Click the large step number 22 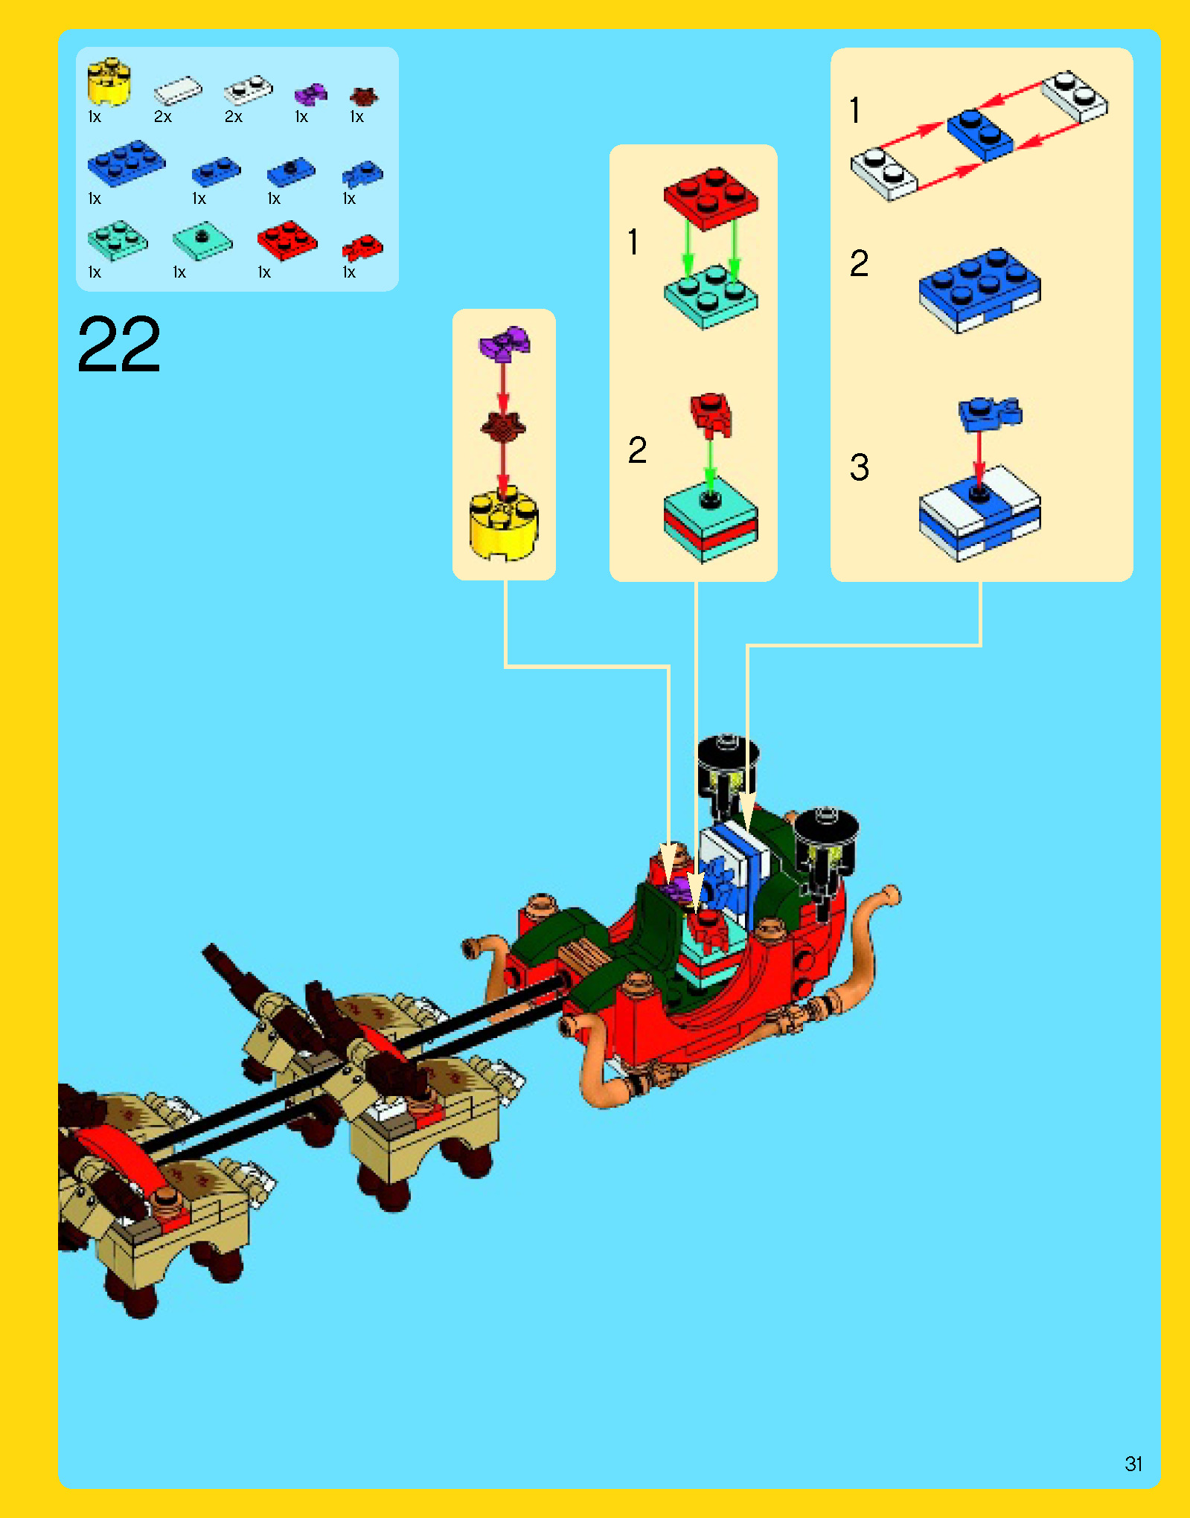119,344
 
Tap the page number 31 1133,1464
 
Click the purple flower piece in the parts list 310,95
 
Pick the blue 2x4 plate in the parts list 126,162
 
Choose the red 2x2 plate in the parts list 287,240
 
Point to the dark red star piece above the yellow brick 503,426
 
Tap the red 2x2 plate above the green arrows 711,196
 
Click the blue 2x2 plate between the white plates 979,134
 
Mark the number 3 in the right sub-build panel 860,467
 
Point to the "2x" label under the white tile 163,117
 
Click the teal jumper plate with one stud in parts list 202,240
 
